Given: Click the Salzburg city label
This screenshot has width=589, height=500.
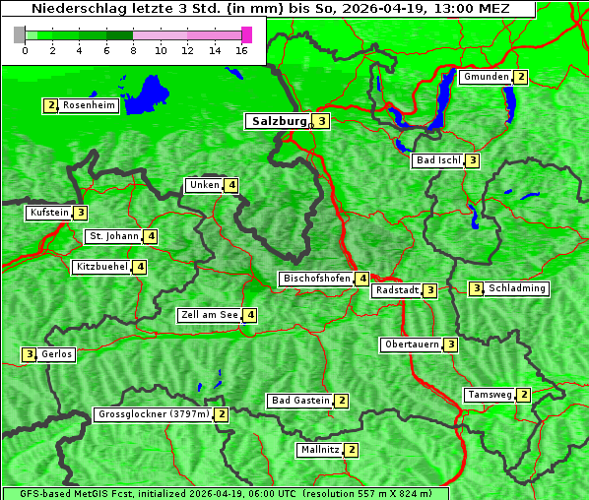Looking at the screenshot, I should point(278,121).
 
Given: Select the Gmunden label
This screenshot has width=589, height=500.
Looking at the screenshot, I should point(486,77).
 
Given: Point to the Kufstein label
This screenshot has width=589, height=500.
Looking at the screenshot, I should point(49,213).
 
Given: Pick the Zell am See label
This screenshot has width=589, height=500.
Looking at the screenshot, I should point(210,315).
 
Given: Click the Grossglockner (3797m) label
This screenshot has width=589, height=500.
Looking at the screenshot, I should point(154,414).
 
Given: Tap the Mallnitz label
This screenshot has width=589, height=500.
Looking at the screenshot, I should point(320,450).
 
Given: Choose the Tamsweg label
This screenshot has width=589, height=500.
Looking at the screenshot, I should point(490,395).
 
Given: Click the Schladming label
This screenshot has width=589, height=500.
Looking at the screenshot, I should point(517,288).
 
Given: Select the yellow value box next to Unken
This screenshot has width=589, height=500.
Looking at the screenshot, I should point(230,185).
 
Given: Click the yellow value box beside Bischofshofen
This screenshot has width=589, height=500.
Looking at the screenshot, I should point(362,279).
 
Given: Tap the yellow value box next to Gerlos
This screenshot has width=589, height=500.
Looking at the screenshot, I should point(30,354).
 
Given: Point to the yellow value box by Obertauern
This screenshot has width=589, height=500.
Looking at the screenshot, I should point(450,344).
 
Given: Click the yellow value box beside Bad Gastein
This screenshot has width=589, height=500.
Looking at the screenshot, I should point(341,401).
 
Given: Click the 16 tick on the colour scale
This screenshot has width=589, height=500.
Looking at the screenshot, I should point(241,51).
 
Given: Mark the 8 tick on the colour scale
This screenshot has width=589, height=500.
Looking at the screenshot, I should point(133,51).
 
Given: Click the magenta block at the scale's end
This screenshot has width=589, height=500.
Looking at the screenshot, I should point(246,34).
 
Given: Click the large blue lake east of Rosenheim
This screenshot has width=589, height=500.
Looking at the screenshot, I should point(150,92).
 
